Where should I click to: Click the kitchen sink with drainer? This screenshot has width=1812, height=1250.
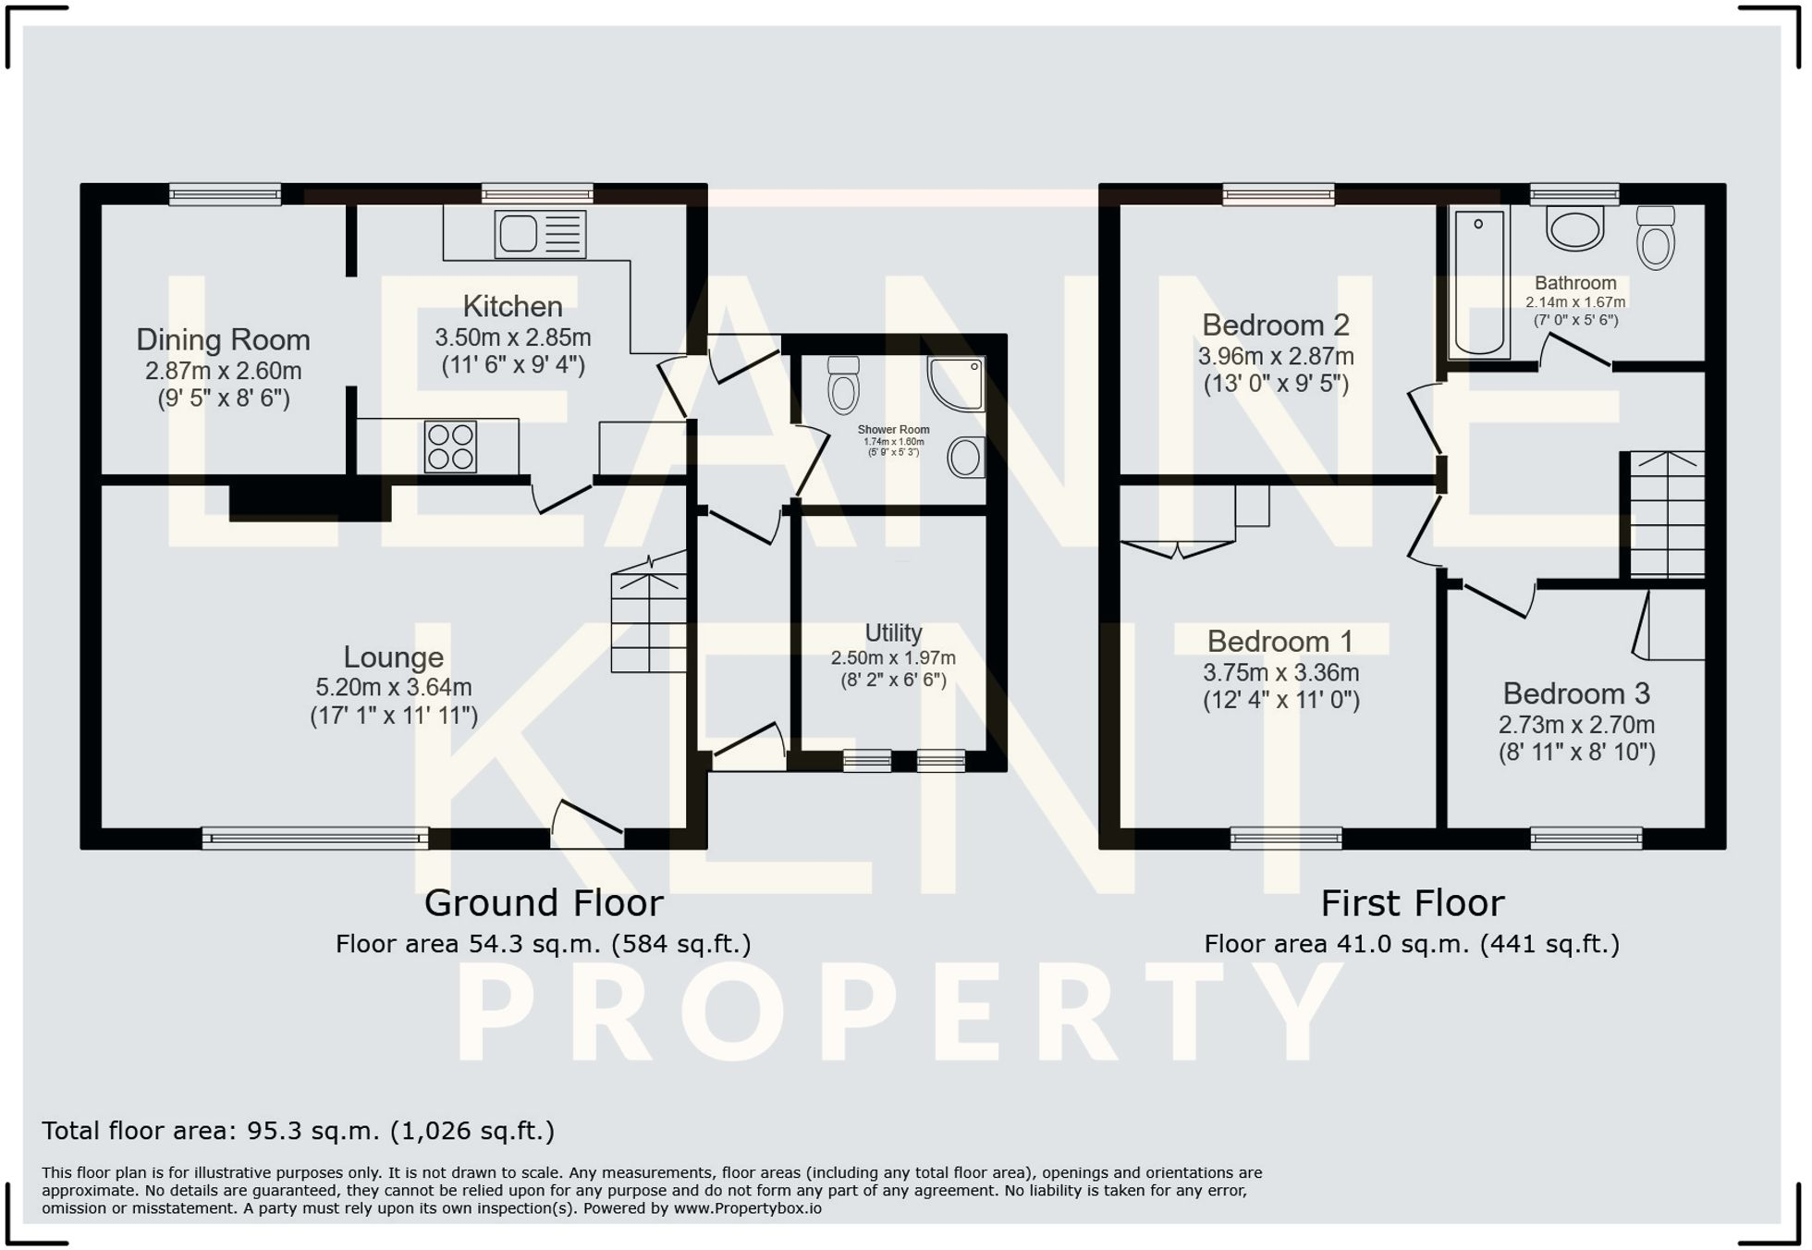[541, 234]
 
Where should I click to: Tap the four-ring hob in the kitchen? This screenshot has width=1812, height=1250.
[450, 447]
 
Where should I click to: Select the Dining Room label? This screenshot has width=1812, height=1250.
[223, 340]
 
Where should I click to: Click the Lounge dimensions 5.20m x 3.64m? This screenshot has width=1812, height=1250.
[394, 688]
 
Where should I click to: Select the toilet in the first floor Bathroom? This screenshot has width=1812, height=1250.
[1655, 238]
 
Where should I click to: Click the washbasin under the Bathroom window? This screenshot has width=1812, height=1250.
[1574, 228]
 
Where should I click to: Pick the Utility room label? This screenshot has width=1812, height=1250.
[893, 633]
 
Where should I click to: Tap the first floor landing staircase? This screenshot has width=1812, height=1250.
[1667, 515]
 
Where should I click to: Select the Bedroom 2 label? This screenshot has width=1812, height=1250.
[1276, 325]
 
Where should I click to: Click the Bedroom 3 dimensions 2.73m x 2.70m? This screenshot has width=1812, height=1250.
[1576, 725]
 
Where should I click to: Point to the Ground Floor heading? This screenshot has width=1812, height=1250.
[544, 903]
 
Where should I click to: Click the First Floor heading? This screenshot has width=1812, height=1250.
[1412, 903]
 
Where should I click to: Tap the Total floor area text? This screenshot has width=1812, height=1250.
[298, 1131]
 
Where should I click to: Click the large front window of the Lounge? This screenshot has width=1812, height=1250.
[315, 839]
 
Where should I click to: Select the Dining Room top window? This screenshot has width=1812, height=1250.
[225, 194]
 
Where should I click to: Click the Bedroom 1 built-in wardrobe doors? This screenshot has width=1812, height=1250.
[1178, 549]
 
